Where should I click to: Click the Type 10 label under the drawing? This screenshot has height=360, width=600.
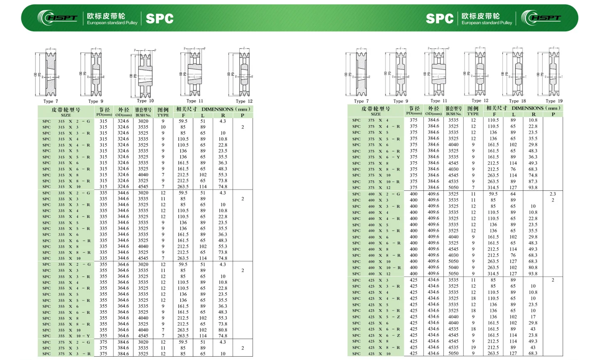(x=145, y=101)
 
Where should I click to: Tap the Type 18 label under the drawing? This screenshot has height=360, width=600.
(x=517, y=101)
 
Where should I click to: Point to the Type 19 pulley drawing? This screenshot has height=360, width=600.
(x=550, y=74)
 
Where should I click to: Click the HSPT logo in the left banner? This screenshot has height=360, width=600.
(x=58, y=18)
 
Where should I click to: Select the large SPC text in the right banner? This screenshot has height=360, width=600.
(x=439, y=19)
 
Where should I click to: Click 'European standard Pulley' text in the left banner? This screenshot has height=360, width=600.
(x=112, y=23)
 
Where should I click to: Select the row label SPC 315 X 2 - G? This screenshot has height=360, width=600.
(x=66, y=121)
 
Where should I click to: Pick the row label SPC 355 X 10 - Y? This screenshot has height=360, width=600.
(x=66, y=336)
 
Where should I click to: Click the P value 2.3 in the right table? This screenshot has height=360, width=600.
(x=553, y=194)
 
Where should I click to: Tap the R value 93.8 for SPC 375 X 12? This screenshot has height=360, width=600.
(x=533, y=187)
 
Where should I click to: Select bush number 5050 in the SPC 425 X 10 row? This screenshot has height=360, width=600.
(x=453, y=353)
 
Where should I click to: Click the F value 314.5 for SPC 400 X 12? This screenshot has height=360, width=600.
(x=493, y=274)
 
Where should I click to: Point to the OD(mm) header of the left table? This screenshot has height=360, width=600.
(x=123, y=112)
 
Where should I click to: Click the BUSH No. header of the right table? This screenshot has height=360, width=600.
(x=453, y=111)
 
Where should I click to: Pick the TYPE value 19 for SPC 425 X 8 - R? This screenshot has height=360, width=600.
(x=473, y=347)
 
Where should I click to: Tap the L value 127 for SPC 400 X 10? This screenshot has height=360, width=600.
(x=513, y=261)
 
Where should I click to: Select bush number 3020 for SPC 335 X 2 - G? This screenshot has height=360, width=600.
(x=143, y=193)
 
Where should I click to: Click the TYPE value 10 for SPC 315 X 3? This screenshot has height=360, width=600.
(x=163, y=127)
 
